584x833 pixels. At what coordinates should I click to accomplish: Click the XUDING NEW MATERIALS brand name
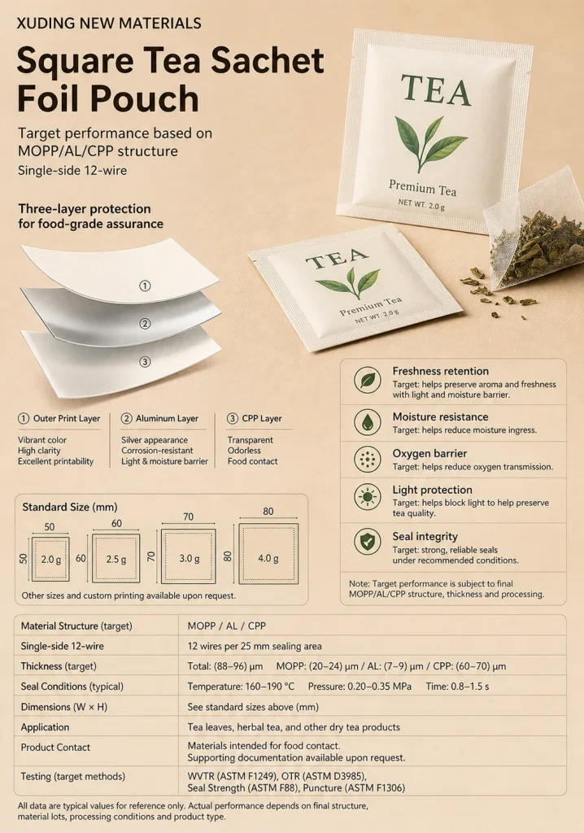click(x=109, y=24)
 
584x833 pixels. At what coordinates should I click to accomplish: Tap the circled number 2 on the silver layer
click(x=145, y=324)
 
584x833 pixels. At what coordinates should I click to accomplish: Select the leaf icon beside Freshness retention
click(x=368, y=381)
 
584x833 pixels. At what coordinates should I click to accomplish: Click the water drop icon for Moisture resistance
click(x=368, y=422)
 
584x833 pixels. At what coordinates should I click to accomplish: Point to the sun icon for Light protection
click(x=368, y=497)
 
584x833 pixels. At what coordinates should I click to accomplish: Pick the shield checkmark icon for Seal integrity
click(x=368, y=542)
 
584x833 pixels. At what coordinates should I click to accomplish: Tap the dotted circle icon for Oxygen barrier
click(x=368, y=459)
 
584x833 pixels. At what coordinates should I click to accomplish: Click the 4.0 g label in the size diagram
click(x=268, y=558)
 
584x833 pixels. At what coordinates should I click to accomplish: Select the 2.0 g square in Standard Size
click(x=50, y=559)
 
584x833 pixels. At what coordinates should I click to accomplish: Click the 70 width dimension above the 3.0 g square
click(x=188, y=517)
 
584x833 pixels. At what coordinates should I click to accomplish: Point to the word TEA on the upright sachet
click(x=436, y=90)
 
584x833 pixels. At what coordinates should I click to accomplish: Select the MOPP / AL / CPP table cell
click(x=226, y=626)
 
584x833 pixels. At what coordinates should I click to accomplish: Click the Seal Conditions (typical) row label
click(x=72, y=687)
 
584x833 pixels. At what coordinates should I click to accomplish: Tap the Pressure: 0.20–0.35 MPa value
click(x=360, y=687)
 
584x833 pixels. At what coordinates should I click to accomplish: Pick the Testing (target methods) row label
click(x=73, y=777)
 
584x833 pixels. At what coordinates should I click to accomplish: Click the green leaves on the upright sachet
click(x=430, y=142)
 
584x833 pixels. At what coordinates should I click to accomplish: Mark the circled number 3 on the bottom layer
click(x=145, y=362)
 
